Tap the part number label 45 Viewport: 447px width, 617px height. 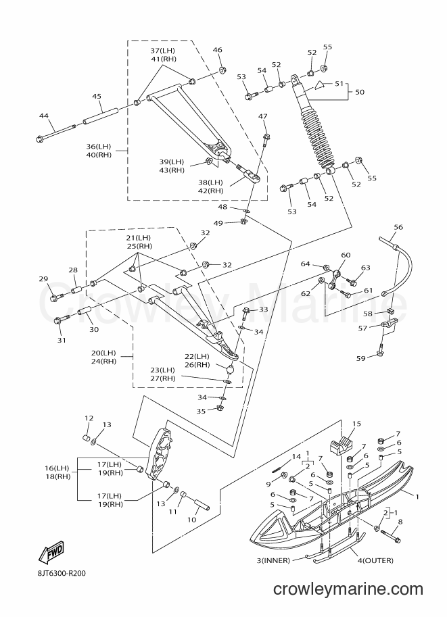(x=97, y=96)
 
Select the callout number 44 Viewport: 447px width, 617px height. (x=44, y=116)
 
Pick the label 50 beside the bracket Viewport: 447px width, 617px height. (x=360, y=92)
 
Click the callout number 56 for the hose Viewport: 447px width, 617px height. (x=398, y=227)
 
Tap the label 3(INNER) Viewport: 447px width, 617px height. (x=273, y=560)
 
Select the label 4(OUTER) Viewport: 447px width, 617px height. (x=374, y=560)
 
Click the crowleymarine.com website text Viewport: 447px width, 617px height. (x=348, y=600)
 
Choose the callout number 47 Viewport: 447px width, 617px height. (x=262, y=116)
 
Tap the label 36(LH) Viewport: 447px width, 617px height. (x=99, y=147)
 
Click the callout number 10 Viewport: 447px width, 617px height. (x=192, y=520)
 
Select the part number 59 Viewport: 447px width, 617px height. (x=360, y=358)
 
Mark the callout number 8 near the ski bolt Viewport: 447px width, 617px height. (x=400, y=522)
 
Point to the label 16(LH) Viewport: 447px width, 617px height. (x=57, y=468)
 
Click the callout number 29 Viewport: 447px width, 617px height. (x=43, y=279)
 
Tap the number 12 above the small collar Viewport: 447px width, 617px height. (x=89, y=418)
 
